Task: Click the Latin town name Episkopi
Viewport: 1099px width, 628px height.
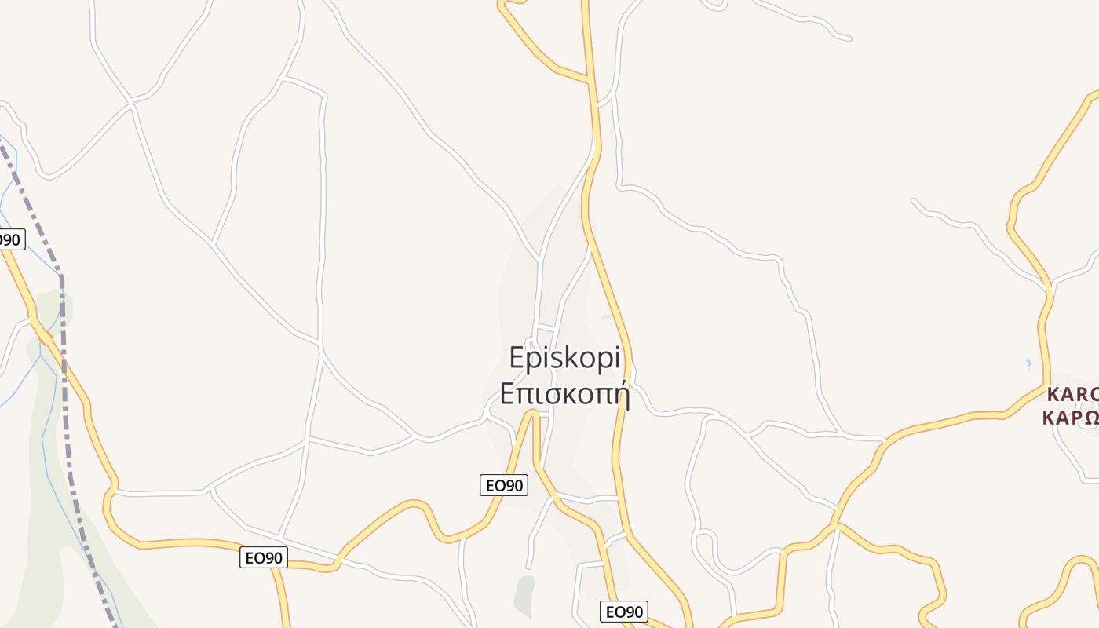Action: tap(564, 359)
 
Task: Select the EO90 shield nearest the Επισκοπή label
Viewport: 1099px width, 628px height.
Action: tap(503, 485)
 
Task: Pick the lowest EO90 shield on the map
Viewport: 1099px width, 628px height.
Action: tap(624, 612)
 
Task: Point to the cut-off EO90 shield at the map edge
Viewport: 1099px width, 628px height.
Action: tap(10, 239)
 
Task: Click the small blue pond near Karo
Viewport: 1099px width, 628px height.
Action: tap(1029, 363)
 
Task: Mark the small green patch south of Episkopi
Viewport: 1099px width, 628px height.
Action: tap(524, 596)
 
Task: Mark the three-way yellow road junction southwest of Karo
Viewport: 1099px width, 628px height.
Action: tap(837, 524)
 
